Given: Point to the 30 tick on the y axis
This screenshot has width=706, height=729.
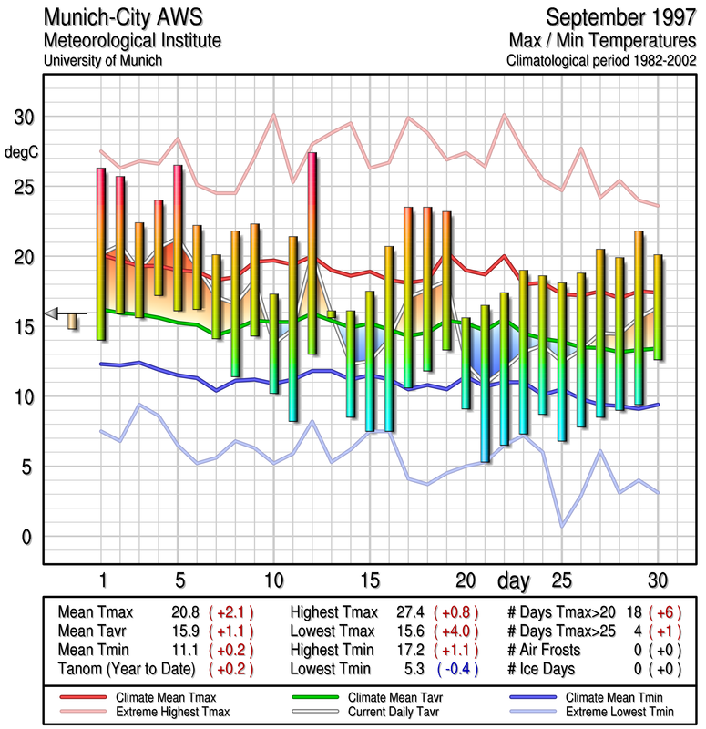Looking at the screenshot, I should pyautogui.click(x=23, y=118).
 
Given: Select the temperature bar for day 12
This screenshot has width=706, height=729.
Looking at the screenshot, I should pyautogui.click(x=312, y=253).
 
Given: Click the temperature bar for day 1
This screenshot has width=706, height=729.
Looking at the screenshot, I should pyautogui.click(x=101, y=254).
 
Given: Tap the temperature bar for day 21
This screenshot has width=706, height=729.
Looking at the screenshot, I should pyautogui.click(x=485, y=384).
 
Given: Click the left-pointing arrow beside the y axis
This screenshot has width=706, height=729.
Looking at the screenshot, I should pyautogui.click(x=52, y=313).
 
